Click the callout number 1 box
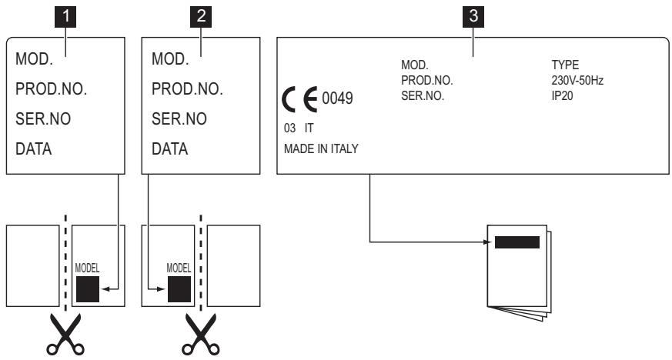point(65,17)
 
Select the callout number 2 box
point(201,17)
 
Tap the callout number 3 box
point(473,17)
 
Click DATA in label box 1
point(33,149)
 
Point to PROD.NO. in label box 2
point(187,89)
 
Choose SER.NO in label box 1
point(43,119)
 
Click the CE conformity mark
point(300,99)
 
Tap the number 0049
point(337,98)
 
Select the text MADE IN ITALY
point(321,148)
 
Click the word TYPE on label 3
point(565,65)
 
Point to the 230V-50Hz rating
point(577,81)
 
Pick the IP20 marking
point(562,96)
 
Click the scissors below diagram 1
point(65,335)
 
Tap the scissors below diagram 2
point(201,335)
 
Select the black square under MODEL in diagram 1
point(88,289)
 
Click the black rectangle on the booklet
point(517,242)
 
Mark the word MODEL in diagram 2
point(179,268)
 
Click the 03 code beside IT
point(289,128)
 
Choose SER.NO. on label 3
point(423,96)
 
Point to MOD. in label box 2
point(170,59)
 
